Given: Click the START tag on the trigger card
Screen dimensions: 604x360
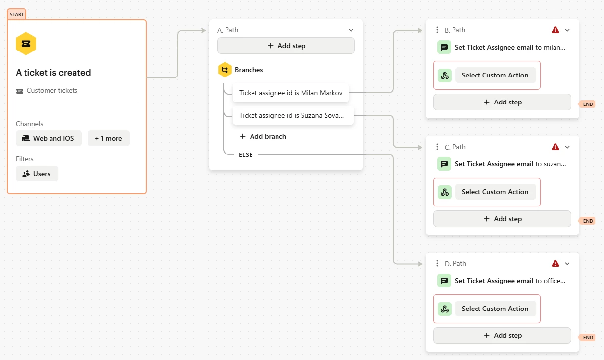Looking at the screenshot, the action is coord(17,14).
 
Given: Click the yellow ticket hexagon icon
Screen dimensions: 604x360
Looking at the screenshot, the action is coord(26,44).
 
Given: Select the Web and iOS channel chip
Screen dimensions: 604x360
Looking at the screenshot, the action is coord(49,138).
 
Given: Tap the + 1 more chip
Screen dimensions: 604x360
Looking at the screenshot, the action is coord(109,138).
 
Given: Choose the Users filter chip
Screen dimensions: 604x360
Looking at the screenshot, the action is coord(37,174).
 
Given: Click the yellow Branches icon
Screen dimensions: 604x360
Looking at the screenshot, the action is coord(225,70).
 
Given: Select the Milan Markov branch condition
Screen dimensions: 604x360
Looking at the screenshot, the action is coord(291,93).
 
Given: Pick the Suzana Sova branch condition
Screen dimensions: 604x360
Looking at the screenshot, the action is coord(293,115).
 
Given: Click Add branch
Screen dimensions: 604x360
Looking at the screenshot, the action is coord(263,136).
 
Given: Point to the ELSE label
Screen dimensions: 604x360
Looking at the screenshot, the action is coord(246,155).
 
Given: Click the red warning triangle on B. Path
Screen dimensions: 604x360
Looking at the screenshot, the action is coord(555,30).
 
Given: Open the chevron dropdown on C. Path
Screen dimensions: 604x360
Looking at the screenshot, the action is coord(567,147).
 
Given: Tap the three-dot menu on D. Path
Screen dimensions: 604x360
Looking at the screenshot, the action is coord(437,263).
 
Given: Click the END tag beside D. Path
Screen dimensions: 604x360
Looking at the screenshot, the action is coord(587,337).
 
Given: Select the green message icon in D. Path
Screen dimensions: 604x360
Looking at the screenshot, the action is coord(444,281).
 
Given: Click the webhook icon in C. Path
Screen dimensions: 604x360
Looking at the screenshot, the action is coord(445,192).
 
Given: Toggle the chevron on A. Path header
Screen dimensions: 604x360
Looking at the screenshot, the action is coord(351,30).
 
